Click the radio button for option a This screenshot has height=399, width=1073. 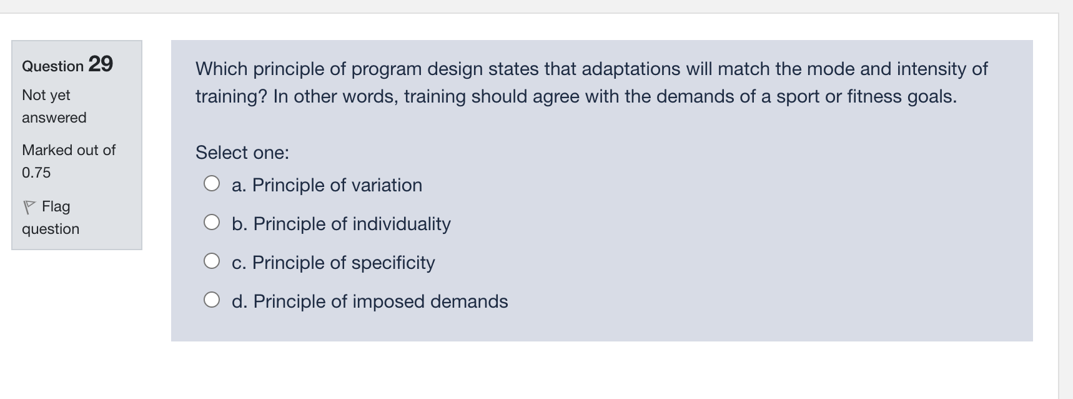tap(212, 183)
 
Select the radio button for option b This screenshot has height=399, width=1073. tap(212, 222)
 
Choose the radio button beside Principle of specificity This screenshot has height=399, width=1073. tap(212, 261)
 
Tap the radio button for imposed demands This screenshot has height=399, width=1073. tap(212, 300)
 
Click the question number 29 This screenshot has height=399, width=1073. tap(101, 64)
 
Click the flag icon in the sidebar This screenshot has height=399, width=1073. tap(29, 206)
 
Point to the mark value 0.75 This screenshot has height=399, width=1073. tap(36, 173)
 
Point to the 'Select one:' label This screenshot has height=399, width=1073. tap(242, 153)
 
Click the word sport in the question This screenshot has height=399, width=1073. tap(798, 96)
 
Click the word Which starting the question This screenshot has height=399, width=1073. tap(222, 69)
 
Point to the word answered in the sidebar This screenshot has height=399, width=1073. tap(54, 118)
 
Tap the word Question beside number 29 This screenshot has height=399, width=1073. tap(52, 66)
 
